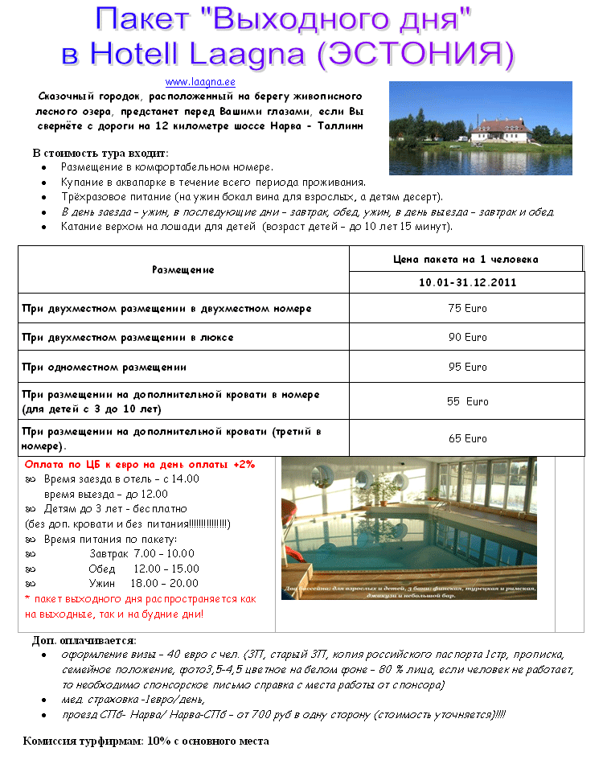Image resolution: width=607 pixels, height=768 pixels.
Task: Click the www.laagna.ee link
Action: tap(199, 82)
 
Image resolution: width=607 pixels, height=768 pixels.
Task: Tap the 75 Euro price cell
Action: tap(467, 308)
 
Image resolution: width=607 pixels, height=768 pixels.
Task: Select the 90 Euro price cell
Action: tap(467, 338)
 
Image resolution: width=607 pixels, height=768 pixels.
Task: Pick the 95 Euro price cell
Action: tap(467, 367)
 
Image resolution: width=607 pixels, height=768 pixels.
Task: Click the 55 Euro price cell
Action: tap(467, 401)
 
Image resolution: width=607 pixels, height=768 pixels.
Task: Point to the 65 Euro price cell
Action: tap(467, 438)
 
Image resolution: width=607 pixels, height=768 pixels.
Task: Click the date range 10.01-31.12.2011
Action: tap(467, 282)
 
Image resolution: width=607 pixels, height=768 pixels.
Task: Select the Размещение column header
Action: tap(183, 270)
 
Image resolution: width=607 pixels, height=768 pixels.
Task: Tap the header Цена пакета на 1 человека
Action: tap(466, 259)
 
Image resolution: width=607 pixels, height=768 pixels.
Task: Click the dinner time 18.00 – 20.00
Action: tap(166, 583)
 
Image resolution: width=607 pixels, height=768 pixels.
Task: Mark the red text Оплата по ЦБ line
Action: tap(139, 464)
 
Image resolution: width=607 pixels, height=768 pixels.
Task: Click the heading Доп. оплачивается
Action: tap(84, 640)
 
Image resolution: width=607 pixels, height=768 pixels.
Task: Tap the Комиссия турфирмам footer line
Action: tap(146, 741)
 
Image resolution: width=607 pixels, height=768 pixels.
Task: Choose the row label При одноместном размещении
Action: tap(104, 367)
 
